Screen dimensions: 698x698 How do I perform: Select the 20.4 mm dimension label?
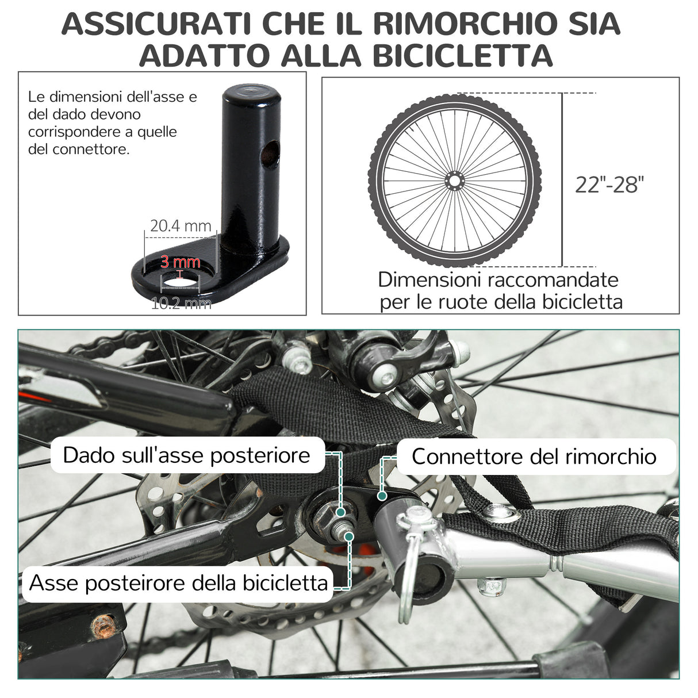click(x=181, y=226)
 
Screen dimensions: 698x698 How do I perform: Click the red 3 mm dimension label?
click(x=181, y=263)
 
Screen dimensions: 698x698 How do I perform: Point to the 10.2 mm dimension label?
click(x=181, y=302)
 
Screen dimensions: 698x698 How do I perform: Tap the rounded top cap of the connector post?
click(x=251, y=92)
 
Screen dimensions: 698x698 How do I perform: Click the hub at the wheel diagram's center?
click(x=454, y=181)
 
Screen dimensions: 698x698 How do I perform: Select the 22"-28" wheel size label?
click(x=609, y=185)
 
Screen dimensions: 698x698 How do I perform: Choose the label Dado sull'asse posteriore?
click(x=187, y=455)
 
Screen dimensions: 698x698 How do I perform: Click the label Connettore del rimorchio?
click(x=534, y=457)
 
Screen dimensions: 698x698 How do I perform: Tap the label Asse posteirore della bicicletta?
click(x=178, y=582)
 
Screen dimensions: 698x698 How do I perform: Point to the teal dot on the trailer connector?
click(x=381, y=494)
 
